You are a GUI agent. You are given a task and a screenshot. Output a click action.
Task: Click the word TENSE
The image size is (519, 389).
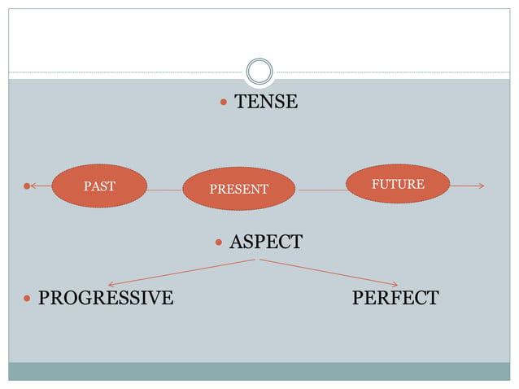click(265, 103)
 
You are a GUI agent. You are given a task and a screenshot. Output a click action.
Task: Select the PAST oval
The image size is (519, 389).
click(99, 186)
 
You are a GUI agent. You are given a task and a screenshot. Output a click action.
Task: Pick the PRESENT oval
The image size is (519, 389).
click(238, 189)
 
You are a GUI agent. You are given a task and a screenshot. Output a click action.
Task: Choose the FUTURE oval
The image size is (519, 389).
click(398, 184)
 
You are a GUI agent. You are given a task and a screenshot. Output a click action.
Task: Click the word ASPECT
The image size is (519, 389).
click(265, 242)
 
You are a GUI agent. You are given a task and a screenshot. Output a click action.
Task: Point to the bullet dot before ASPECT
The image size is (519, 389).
click(219, 243)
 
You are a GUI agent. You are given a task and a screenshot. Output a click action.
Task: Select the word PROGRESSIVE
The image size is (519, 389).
click(106, 298)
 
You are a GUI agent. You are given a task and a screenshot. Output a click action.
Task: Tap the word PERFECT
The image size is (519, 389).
click(395, 298)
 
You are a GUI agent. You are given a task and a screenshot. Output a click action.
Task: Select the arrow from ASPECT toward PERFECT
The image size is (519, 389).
click(329, 272)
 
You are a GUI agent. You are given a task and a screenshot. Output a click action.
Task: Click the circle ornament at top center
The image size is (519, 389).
click(259, 72)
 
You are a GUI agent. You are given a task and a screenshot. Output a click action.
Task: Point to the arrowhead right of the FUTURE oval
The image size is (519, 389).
click(480, 186)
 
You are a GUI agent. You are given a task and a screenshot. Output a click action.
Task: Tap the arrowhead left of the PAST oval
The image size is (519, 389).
click(35, 186)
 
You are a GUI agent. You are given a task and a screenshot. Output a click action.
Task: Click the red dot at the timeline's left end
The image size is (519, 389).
click(27, 186)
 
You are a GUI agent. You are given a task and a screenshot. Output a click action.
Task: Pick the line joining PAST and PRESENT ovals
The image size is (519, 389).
click(164, 190)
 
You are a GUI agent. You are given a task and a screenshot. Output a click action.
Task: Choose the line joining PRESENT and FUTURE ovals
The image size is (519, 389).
click(322, 190)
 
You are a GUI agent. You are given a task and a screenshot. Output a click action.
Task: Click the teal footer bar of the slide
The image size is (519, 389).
click(259, 371)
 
